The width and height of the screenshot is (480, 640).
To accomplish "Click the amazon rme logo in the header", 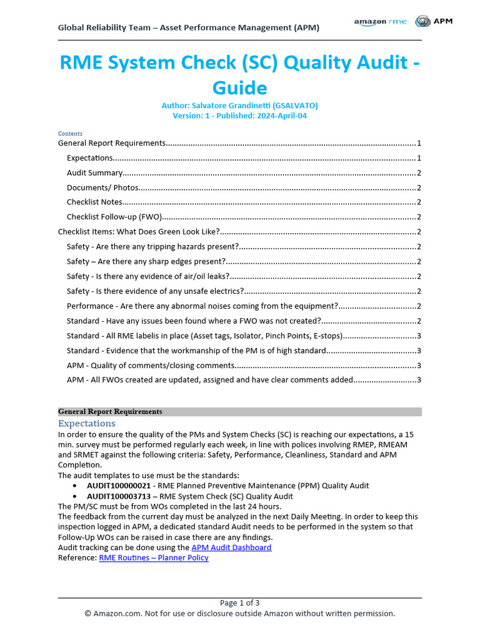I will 380,21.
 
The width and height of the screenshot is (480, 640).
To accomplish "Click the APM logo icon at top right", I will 423,21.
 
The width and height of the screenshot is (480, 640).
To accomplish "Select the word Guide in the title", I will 240,87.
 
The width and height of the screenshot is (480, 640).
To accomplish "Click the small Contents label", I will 70,133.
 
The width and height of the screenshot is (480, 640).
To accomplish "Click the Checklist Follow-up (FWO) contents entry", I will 114,217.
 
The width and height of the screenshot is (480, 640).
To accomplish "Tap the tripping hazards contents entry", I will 152,246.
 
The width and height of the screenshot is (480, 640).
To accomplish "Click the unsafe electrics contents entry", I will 155,291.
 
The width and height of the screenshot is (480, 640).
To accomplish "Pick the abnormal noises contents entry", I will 202,306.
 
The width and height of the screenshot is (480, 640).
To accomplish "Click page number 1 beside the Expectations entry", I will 419,157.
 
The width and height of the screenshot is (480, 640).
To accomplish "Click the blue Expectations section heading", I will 87,424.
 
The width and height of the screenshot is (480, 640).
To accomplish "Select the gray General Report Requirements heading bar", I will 240,411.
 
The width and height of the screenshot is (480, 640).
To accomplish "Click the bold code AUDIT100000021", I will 119,486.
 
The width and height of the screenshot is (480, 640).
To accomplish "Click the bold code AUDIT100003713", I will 119,496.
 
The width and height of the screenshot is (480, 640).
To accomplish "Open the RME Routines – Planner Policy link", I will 154,557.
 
